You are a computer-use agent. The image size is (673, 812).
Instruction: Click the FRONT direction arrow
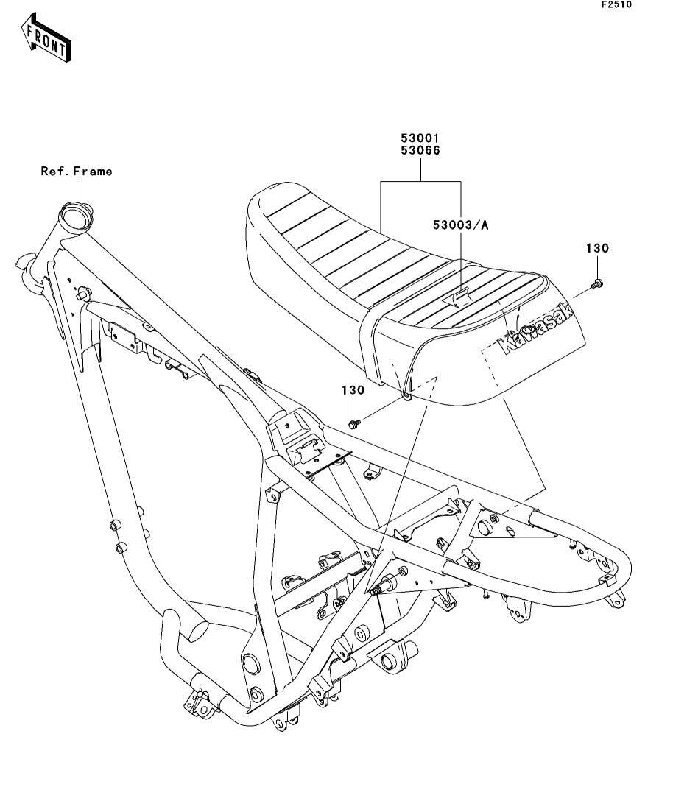click(x=46, y=38)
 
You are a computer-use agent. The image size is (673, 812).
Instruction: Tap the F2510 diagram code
click(x=616, y=4)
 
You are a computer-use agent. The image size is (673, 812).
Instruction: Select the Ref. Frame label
click(x=76, y=171)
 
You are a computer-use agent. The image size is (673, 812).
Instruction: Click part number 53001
click(x=420, y=138)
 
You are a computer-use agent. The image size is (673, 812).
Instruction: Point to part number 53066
click(x=420, y=151)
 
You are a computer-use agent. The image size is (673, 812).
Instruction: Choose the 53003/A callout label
click(x=461, y=225)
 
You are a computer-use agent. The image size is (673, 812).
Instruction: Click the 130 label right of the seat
click(x=597, y=248)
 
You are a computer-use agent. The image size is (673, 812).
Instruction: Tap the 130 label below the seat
click(x=353, y=390)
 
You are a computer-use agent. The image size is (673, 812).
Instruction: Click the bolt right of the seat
click(x=597, y=283)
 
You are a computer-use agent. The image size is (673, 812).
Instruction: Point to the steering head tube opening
click(x=76, y=212)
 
